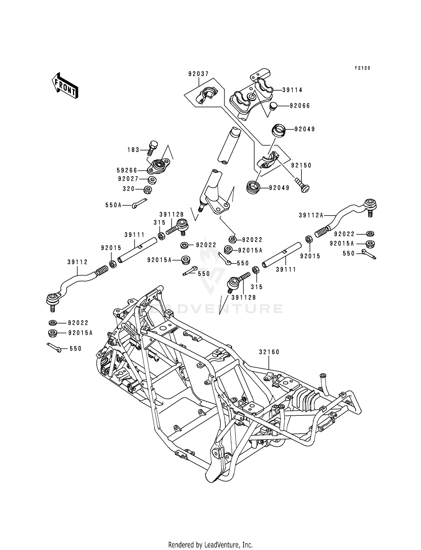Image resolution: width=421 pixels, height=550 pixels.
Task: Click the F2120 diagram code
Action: click(x=362, y=68)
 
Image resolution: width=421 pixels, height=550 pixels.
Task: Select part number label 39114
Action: click(x=292, y=90)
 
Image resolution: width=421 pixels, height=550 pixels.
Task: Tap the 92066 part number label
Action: click(x=300, y=106)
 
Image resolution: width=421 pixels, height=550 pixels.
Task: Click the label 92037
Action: click(x=198, y=74)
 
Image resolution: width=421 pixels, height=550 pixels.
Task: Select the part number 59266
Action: click(x=127, y=170)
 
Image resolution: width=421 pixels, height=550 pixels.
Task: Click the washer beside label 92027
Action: click(x=152, y=180)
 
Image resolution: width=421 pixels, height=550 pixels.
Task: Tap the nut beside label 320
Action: click(x=147, y=190)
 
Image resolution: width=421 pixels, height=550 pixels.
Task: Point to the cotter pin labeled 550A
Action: click(x=139, y=204)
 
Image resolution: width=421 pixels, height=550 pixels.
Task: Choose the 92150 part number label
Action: click(x=301, y=165)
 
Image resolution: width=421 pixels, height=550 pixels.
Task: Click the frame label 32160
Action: click(x=269, y=352)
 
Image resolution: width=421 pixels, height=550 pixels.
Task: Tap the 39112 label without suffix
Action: click(x=77, y=262)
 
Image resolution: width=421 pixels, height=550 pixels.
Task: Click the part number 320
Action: click(x=129, y=189)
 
